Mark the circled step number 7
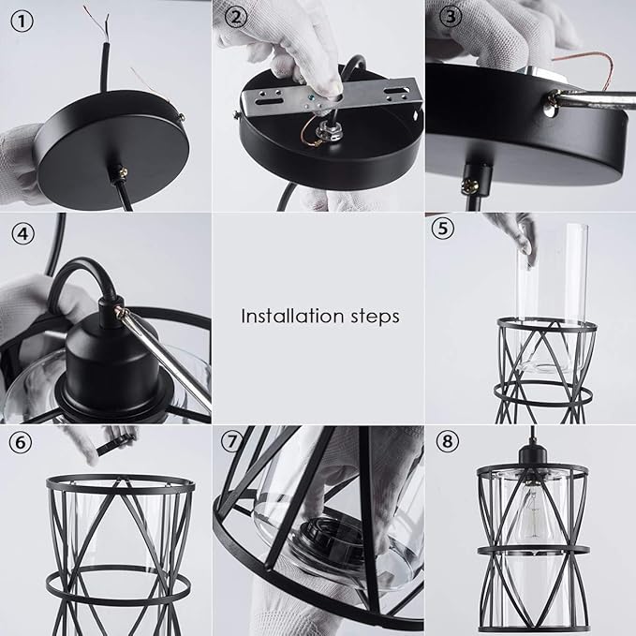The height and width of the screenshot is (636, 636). (x=232, y=440)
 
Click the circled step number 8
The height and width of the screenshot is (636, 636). (x=447, y=440)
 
